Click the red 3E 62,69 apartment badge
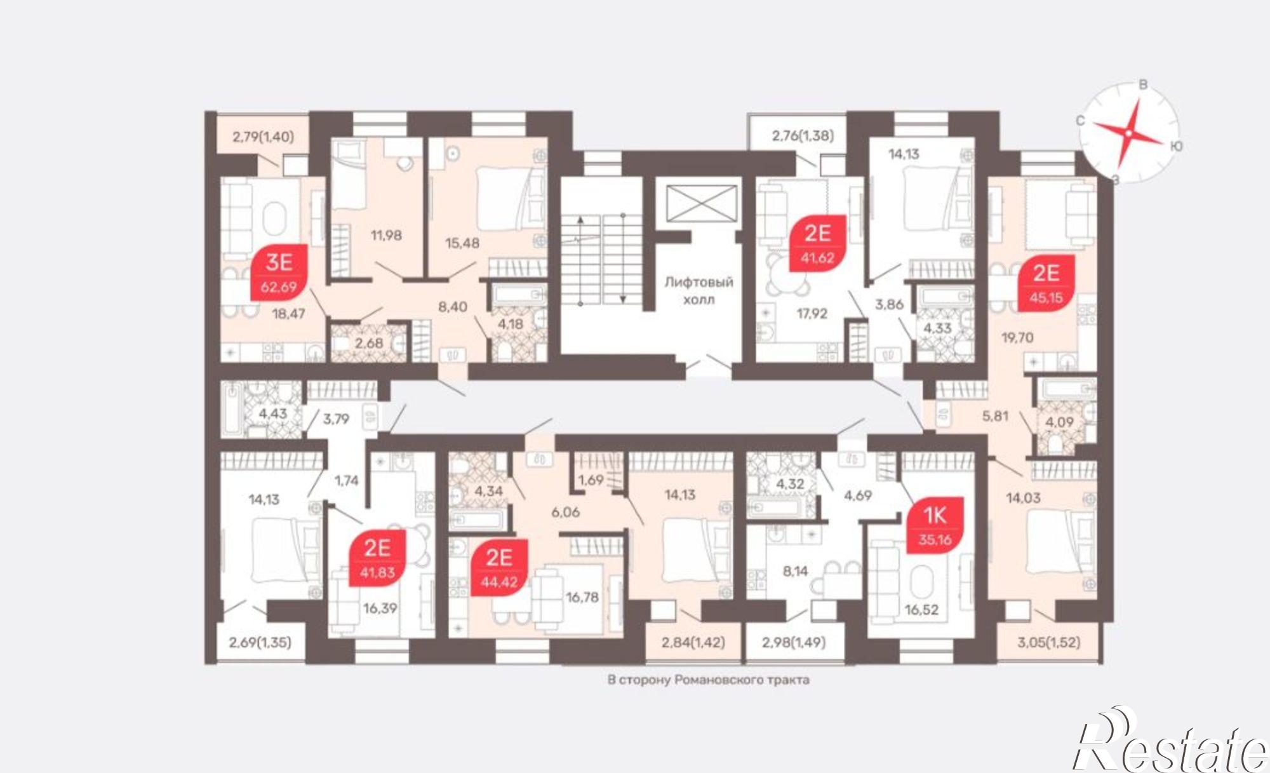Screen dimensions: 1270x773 click(x=279, y=272)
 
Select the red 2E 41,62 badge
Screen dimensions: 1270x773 click(x=817, y=243)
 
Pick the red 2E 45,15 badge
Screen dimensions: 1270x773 click(x=1046, y=283)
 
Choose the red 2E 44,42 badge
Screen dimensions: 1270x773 click(x=499, y=568)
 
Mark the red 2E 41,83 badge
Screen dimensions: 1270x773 click(x=377, y=558)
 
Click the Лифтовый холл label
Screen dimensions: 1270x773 click(x=698, y=290)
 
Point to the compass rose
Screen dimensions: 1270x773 click(x=1128, y=133)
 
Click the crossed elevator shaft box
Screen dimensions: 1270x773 click(x=702, y=203)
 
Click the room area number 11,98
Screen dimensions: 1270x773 click(x=386, y=235)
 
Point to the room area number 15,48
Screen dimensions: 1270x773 click(x=462, y=243)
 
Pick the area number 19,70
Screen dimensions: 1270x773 click(x=1017, y=337)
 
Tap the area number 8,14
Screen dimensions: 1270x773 click(x=795, y=571)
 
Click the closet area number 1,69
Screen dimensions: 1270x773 click(x=591, y=480)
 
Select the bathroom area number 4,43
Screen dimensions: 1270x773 click(x=272, y=413)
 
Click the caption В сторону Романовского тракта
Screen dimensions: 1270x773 click(x=708, y=680)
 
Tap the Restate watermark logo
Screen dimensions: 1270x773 click(x=1170, y=741)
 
